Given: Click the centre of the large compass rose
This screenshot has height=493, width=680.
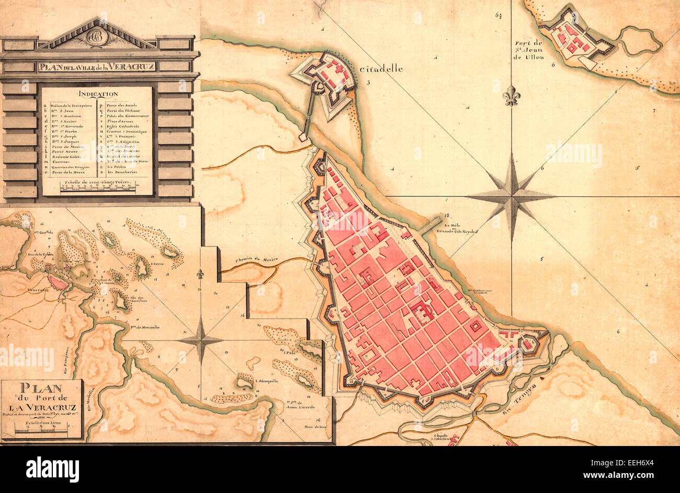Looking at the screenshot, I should pos(511,196).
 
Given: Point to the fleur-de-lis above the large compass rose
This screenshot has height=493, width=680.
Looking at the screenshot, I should pos(511,96).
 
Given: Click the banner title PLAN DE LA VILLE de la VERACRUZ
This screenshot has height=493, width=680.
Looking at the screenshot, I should pos(97,66).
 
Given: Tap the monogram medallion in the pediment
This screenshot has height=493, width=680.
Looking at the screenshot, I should pos(97,37).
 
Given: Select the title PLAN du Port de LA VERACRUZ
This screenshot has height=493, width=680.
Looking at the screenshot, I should pos(41,397).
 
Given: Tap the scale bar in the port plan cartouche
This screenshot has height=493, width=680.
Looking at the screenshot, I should pos(41,430).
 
